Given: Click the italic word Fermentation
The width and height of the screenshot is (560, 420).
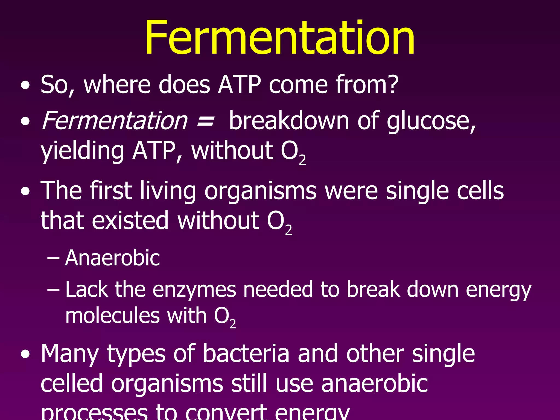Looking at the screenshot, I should [x=115, y=121].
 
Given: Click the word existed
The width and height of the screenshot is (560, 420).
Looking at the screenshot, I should [x=130, y=220].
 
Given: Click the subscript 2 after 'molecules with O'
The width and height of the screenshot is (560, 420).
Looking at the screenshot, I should [x=233, y=324].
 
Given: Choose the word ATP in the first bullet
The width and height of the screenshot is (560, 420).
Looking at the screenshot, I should [x=239, y=84].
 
